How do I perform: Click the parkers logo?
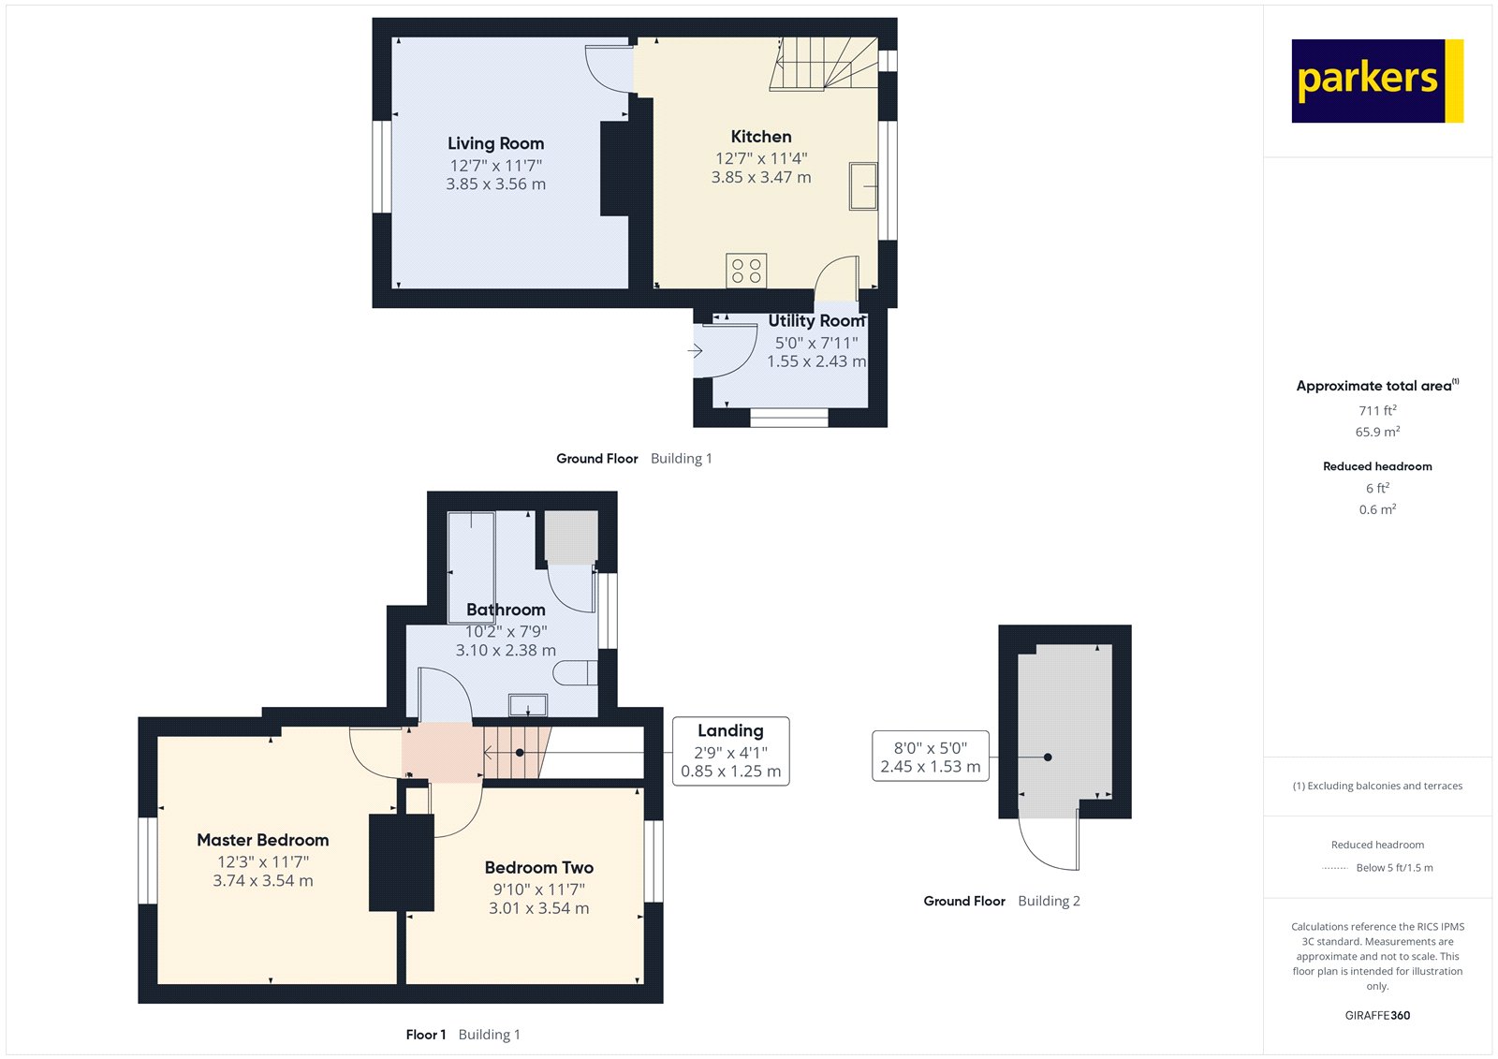(x=1376, y=81)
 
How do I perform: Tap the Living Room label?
(x=495, y=143)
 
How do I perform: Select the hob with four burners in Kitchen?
(x=746, y=271)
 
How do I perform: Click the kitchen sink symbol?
(x=863, y=185)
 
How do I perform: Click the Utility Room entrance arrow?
(x=695, y=351)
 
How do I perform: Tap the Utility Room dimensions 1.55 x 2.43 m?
(x=816, y=361)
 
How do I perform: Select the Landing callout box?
(x=730, y=751)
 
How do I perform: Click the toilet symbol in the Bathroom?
(x=575, y=672)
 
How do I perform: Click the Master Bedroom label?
(x=262, y=840)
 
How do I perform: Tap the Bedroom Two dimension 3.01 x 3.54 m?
(x=538, y=908)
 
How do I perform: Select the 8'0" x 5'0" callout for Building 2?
(x=930, y=757)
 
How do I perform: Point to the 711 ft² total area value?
(x=1377, y=410)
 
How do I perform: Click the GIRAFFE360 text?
(x=1377, y=1015)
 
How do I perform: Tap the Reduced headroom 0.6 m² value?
(x=1377, y=509)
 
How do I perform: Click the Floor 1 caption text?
(x=425, y=1035)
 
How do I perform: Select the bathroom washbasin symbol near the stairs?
(x=528, y=704)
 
